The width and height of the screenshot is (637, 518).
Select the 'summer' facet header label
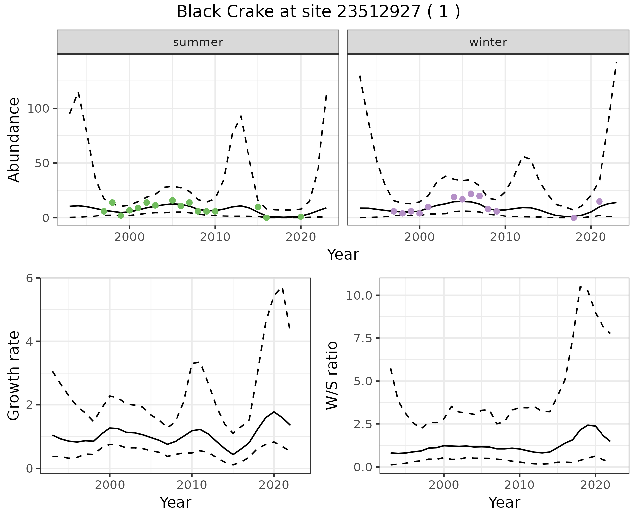coord(198,42)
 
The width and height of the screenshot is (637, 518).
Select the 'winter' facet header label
coord(488,42)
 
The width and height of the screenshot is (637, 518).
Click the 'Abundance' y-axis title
coord(14,139)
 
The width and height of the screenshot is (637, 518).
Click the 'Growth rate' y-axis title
coord(14,376)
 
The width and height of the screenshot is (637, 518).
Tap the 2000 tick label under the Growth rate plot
coord(110,485)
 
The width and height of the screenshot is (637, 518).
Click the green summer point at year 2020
coord(301,217)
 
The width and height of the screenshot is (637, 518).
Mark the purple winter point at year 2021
coord(599,201)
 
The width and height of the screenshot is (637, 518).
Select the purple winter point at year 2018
coord(574,218)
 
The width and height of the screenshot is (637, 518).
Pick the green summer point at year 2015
coord(258,207)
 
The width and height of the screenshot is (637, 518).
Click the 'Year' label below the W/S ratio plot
coord(504,502)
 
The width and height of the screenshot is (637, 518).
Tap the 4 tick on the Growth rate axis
coord(30,341)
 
